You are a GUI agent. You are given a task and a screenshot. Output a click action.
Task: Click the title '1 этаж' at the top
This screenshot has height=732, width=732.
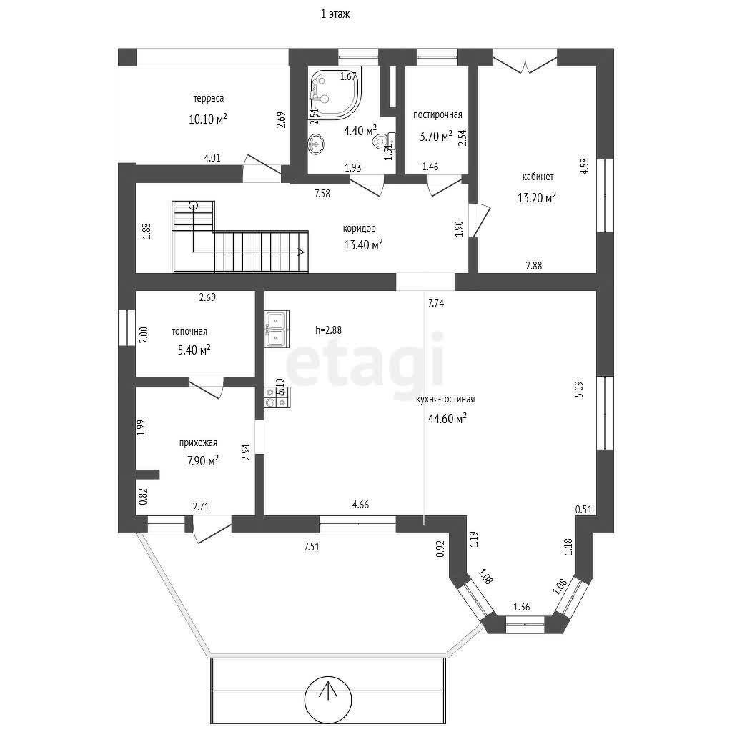tap(335, 14)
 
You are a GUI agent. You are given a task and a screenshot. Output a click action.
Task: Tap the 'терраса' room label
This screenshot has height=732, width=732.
tap(208, 99)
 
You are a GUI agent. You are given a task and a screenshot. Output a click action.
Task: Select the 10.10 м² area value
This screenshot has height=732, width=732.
tap(208, 119)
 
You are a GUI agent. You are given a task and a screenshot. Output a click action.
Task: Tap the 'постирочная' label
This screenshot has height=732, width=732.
tap(437, 115)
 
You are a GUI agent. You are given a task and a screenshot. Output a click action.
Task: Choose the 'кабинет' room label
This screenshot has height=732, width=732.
tap(538, 177)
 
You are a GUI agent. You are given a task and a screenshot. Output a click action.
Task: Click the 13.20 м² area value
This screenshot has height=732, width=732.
tap(537, 197)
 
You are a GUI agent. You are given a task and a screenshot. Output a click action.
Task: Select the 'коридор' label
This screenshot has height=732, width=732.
tap(359, 229)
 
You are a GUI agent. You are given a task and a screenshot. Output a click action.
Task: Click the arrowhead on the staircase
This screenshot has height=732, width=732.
tap(302, 252)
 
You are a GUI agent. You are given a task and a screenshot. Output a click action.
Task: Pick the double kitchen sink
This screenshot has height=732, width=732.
tap(277, 329)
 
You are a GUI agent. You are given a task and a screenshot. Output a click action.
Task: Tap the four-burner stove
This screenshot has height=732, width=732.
tap(277, 397)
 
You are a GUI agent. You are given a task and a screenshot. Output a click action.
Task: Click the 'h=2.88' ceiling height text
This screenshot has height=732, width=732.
tap(328, 330)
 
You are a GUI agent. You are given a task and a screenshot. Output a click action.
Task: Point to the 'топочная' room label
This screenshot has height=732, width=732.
tap(189, 332)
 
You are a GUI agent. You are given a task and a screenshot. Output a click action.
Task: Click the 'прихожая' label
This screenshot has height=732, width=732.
tap(198, 443)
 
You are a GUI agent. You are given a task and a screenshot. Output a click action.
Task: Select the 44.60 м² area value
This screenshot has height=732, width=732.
tap(447, 419)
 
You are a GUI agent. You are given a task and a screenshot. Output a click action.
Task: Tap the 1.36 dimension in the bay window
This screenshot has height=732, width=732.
tap(521, 607)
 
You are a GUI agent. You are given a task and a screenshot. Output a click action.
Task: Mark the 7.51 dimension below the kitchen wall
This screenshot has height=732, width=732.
tap(312, 547)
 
